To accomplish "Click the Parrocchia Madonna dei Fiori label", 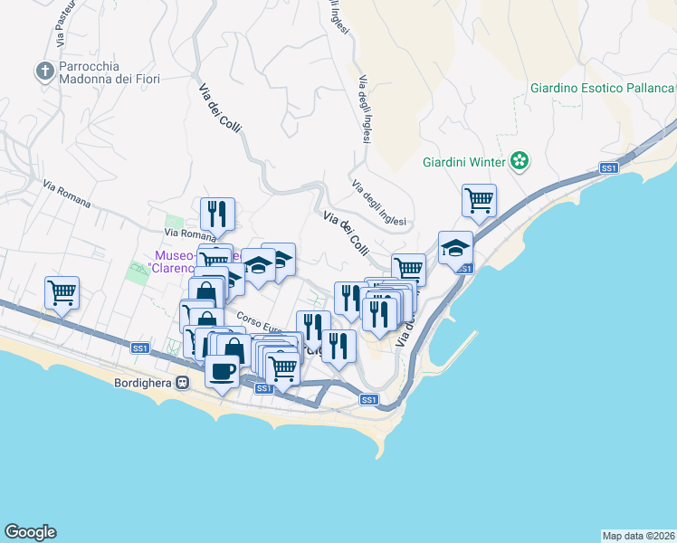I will tap(109, 72).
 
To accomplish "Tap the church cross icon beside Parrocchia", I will tap(44, 71).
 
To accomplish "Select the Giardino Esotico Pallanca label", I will tap(602, 88).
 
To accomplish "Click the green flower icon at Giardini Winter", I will tap(520, 162).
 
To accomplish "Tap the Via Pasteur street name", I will tap(62, 25).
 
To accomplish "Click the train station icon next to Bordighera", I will tap(183, 382).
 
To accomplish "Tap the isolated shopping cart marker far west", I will tap(62, 291).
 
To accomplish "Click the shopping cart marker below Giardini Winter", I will tap(479, 200).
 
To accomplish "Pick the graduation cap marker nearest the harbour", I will tap(455, 247).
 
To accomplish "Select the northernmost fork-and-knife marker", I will tap(217, 214).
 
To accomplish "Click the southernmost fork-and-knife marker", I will tap(338, 347).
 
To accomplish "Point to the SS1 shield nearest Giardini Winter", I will tap(609, 168).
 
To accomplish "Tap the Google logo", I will tap(30, 532).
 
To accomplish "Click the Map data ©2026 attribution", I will tap(638, 536).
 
